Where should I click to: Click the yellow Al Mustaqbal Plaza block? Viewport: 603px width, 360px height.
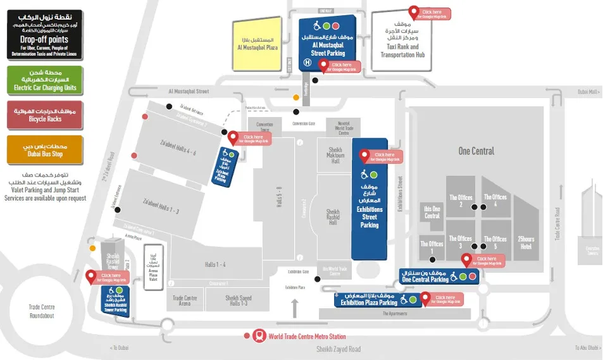258,44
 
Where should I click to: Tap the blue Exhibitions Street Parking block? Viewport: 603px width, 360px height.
369,199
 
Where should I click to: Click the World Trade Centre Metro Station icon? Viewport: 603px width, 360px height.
259,336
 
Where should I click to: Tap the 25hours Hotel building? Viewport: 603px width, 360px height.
526,243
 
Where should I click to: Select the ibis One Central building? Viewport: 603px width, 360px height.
432,212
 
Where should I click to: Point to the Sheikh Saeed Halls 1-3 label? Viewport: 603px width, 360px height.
237,301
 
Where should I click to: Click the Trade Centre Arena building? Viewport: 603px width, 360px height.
185,301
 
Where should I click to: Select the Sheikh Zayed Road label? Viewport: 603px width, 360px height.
338,349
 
